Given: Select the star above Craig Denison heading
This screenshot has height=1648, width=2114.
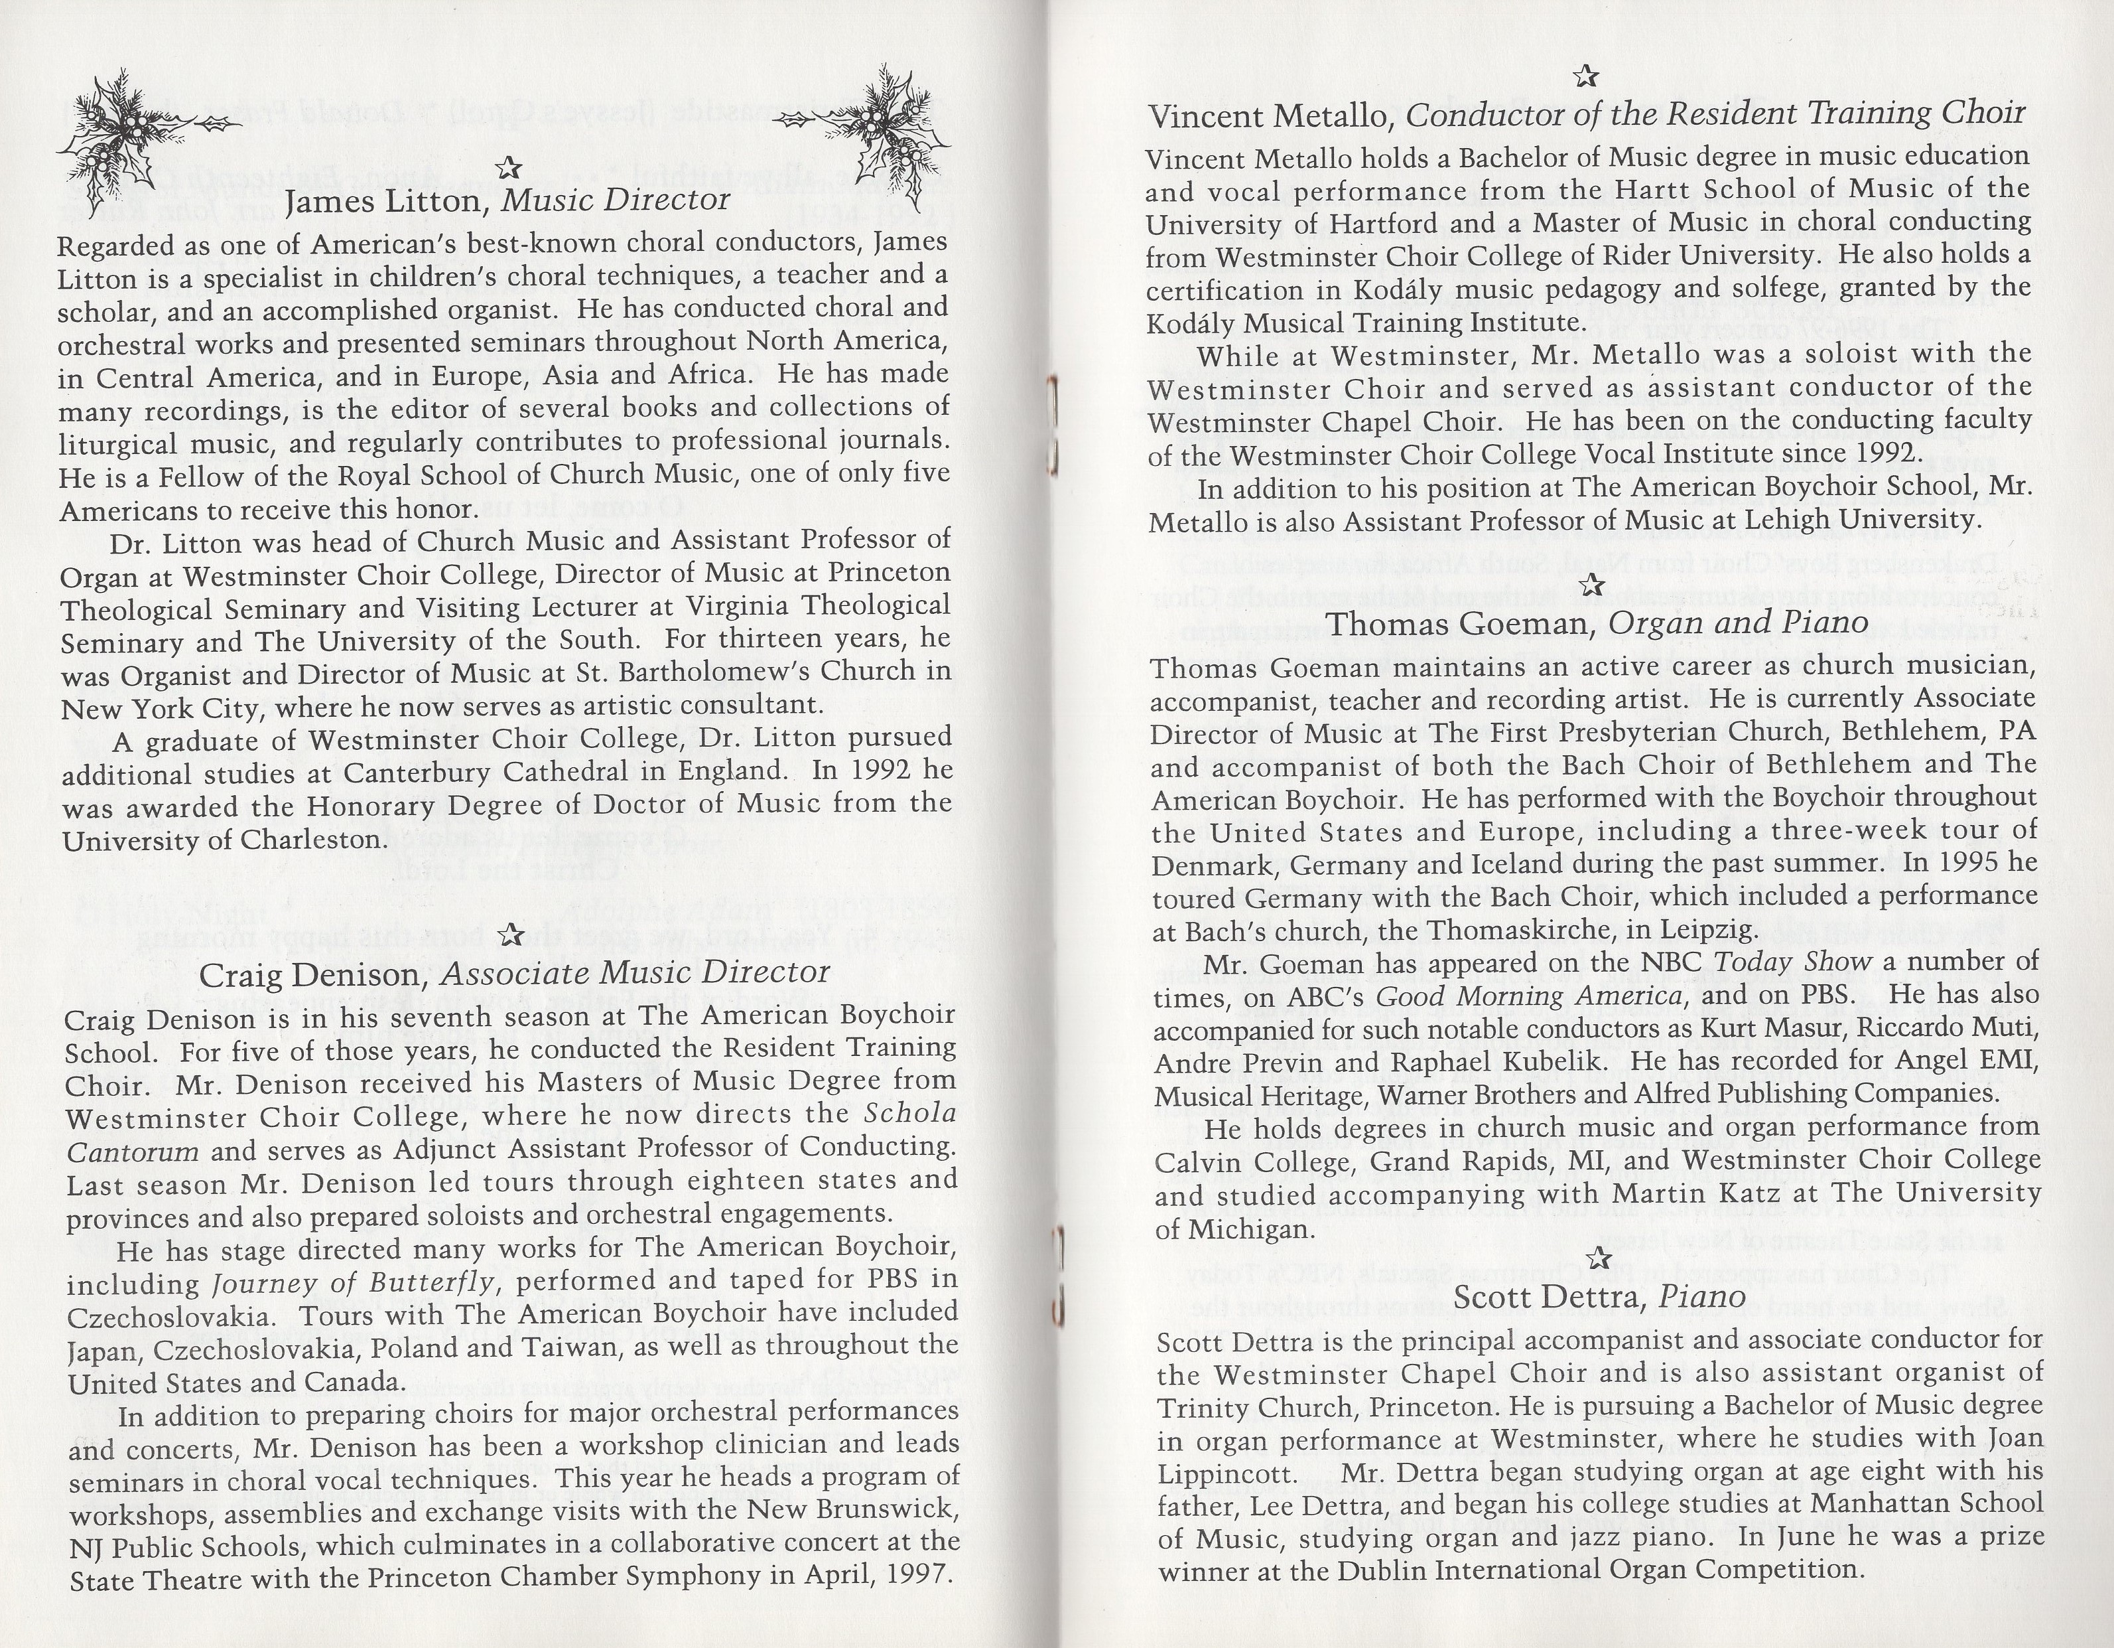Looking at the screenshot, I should point(510,933).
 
